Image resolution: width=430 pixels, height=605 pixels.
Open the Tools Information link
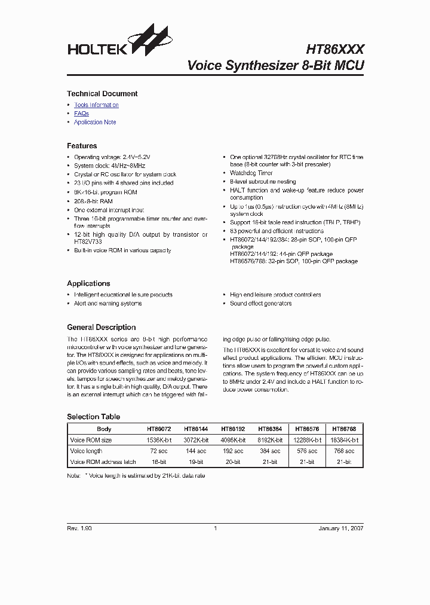click(96, 105)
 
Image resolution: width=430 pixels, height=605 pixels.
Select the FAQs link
click(81, 114)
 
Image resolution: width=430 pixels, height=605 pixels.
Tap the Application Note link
click(95, 123)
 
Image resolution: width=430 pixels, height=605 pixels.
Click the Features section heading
click(82, 146)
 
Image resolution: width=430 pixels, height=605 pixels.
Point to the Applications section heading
click(88, 283)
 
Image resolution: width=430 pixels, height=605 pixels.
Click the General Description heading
click(101, 328)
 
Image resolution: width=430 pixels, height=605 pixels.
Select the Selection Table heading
click(93, 417)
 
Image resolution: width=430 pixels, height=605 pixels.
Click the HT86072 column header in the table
click(159, 429)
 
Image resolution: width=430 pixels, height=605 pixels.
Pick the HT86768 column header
click(345, 429)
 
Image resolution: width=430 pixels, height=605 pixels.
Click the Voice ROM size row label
click(91, 440)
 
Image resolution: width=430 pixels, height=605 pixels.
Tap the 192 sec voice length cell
click(232, 451)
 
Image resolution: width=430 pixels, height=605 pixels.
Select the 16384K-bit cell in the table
click(345, 440)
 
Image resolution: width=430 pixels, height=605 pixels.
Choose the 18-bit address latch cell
click(159, 462)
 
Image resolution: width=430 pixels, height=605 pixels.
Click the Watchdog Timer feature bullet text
click(251, 173)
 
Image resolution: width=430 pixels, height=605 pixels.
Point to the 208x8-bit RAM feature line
click(93, 201)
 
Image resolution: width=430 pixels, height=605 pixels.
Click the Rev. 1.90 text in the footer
click(79, 528)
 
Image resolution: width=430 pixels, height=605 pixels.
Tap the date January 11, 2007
click(340, 528)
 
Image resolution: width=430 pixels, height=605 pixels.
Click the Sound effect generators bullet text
click(261, 304)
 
